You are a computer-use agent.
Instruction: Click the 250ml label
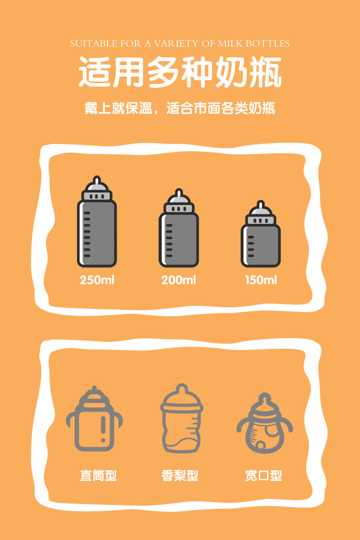point(97,280)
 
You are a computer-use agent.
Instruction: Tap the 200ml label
point(179,280)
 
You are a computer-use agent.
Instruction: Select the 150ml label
point(261,280)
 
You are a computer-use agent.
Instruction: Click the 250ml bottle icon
point(97,223)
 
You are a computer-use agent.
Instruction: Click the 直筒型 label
point(98,476)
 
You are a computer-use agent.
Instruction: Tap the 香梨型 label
point(180,476)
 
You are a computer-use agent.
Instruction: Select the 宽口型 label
point(263,476)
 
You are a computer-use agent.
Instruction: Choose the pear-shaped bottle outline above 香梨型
point(181,419)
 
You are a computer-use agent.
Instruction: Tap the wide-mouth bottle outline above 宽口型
point(265,424)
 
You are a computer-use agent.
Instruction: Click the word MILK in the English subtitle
point(231,44)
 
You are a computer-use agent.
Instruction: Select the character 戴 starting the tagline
point(91,109)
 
